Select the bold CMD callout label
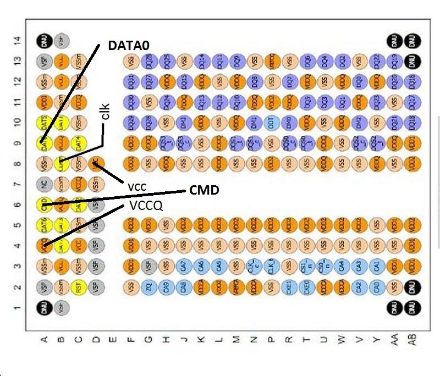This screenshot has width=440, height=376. (x=205, y=190)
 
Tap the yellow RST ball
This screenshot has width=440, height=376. (x=79, y=286)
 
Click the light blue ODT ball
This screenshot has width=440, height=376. (x=270, y=122)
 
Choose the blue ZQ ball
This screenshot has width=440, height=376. (x=147, y=286)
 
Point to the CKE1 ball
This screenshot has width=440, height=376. (x=288, y=286)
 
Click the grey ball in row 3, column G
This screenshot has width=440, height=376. (x=147, y=266)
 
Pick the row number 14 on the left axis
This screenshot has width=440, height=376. (x=18, y=40)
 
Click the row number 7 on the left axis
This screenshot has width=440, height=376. (x=18, y=184)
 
